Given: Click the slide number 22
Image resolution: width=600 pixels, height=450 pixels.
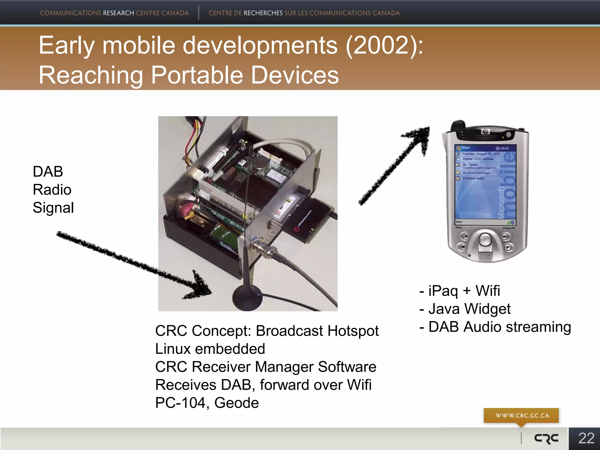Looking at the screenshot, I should [x=586, y=439].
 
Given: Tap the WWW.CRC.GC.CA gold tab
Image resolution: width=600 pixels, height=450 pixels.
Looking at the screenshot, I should [x=522, y=415].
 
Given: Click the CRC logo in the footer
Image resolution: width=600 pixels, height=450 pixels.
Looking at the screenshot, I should [x=546, y=439].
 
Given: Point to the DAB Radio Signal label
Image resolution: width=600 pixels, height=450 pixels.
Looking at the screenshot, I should [x=53, y=190].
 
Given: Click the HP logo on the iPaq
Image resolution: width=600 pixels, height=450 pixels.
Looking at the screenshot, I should [x=485, y=132].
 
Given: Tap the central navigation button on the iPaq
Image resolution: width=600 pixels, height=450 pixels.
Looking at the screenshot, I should [x=485, y=239].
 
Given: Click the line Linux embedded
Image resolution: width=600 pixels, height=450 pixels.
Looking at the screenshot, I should [x=210, y=349].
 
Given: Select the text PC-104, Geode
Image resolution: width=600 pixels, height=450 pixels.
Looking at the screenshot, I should [x=207, y=403].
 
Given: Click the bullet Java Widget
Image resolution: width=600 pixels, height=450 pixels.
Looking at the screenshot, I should [x=469, y=309].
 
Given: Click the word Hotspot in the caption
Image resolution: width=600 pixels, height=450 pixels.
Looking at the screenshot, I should [x=353, y=331].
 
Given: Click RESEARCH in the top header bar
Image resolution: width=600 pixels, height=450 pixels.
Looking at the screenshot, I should [x=118, y=13].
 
